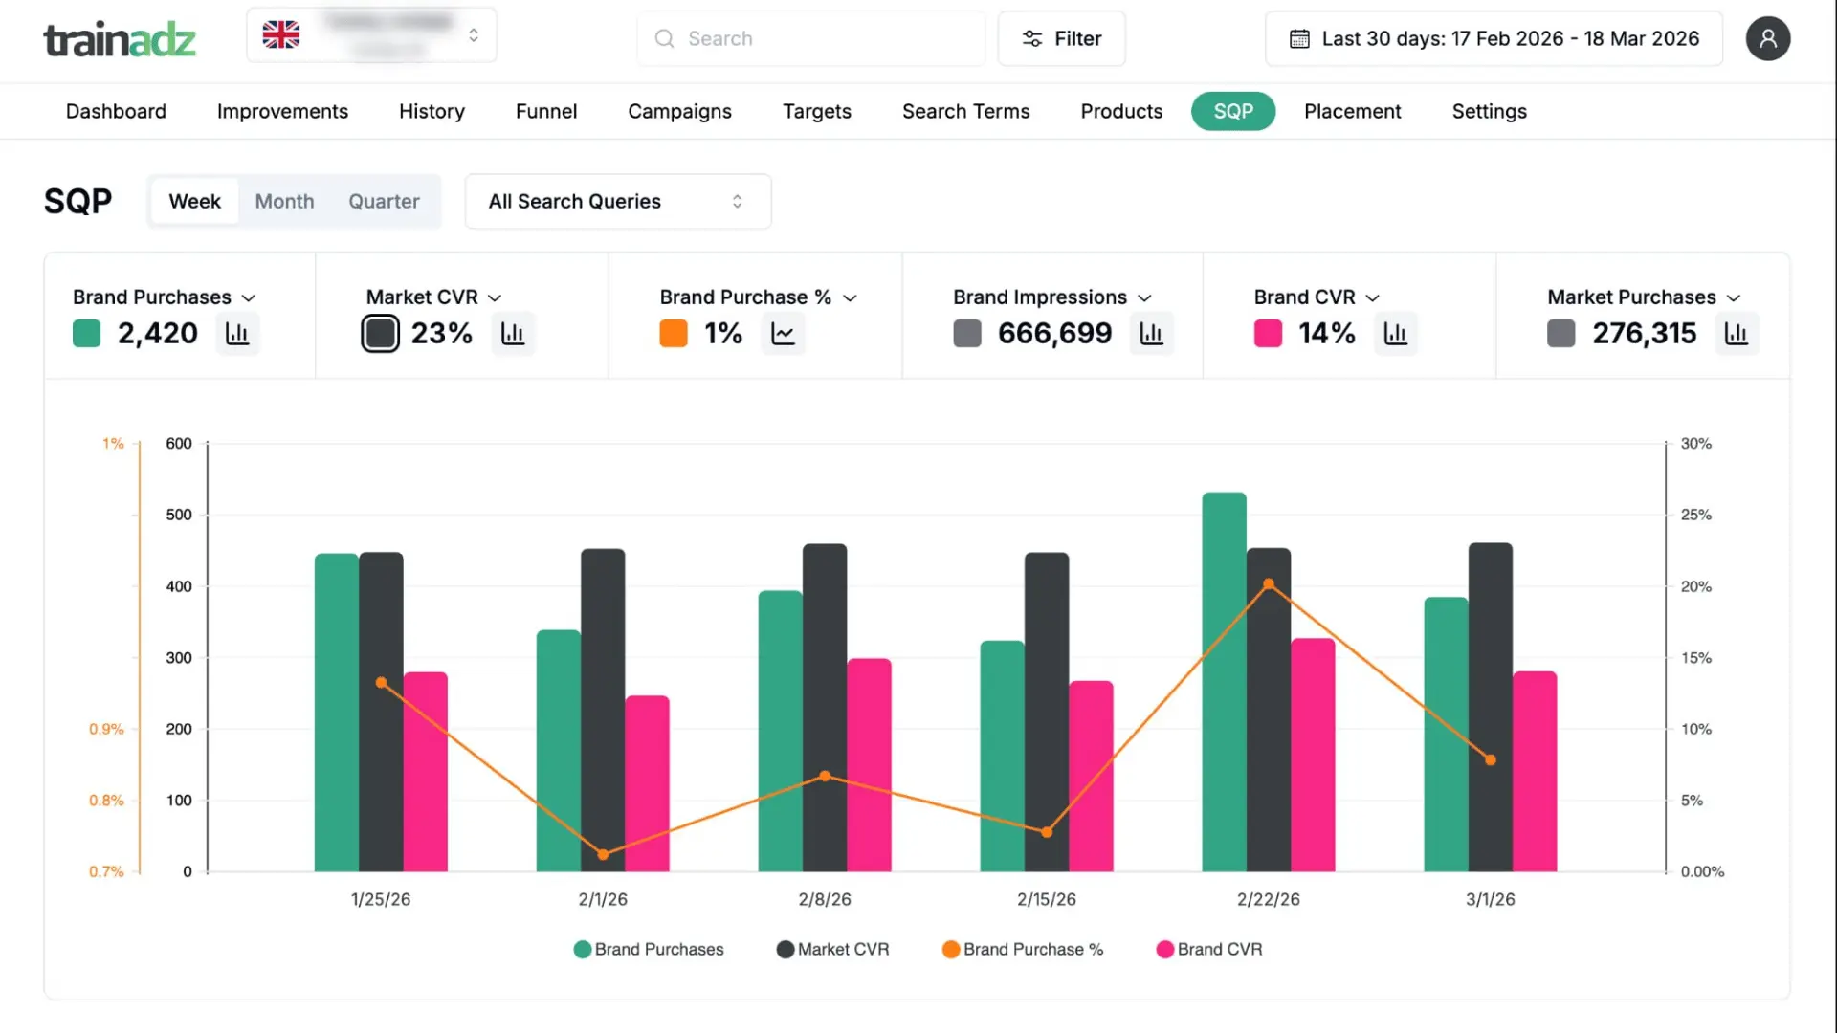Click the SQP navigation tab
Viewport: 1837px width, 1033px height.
tap(1232, 111)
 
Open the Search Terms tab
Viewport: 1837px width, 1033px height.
tap(965, 111)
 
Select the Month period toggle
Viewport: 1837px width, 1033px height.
tap(284, 201)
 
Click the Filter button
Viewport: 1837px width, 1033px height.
tap(1061, 38)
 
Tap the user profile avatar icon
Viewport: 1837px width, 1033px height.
tap(1767, 38)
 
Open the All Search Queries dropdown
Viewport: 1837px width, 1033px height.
tap(617, 201)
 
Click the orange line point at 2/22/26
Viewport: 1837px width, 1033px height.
tap(1269, 583)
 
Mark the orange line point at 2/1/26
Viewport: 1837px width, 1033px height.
tap(603, 854)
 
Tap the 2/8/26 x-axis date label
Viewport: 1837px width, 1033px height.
tap(824, 899)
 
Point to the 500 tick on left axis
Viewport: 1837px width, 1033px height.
tap(179, 515)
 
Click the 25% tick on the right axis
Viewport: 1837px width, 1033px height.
tap(1695, 515)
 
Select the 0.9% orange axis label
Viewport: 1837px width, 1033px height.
tap(106, 729)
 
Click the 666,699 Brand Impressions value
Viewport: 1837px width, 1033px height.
tap(1054, 333)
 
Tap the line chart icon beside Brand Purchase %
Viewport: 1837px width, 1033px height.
tap(783, 333)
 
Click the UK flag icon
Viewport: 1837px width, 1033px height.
tap(281, 34)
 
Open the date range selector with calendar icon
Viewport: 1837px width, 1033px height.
tap(1494, 38)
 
